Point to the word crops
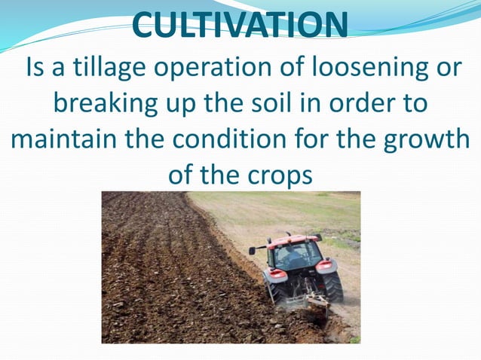(x=275, y=176)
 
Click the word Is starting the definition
(x=38, y=68)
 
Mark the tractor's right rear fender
(x=326, y=266)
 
